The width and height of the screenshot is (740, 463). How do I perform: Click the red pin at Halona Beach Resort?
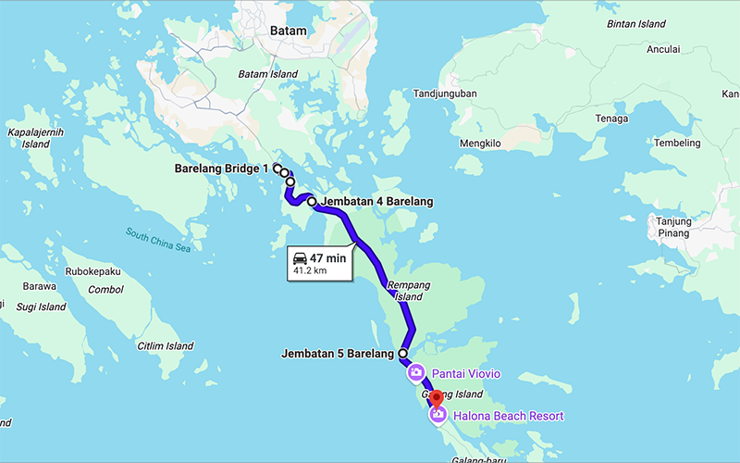point(438,400)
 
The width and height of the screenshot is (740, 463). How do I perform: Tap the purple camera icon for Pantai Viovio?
point(416,373)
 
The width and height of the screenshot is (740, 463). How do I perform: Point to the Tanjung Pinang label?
point(673,227)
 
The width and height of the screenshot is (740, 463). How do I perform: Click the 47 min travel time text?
point(328,258)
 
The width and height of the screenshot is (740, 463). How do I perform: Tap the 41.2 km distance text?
point(310,272)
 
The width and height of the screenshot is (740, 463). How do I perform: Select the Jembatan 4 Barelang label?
point(376,201)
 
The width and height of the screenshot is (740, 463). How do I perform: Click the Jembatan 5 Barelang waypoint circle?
point(402,354)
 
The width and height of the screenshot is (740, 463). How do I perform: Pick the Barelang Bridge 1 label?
point(221,169)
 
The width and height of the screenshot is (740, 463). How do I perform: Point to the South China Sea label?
point(158,240)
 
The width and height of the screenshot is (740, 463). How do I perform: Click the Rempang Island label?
point(408,291)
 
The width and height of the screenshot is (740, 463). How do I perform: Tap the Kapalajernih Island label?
point(35,138)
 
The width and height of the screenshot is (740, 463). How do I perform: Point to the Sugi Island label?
point(38,307)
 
